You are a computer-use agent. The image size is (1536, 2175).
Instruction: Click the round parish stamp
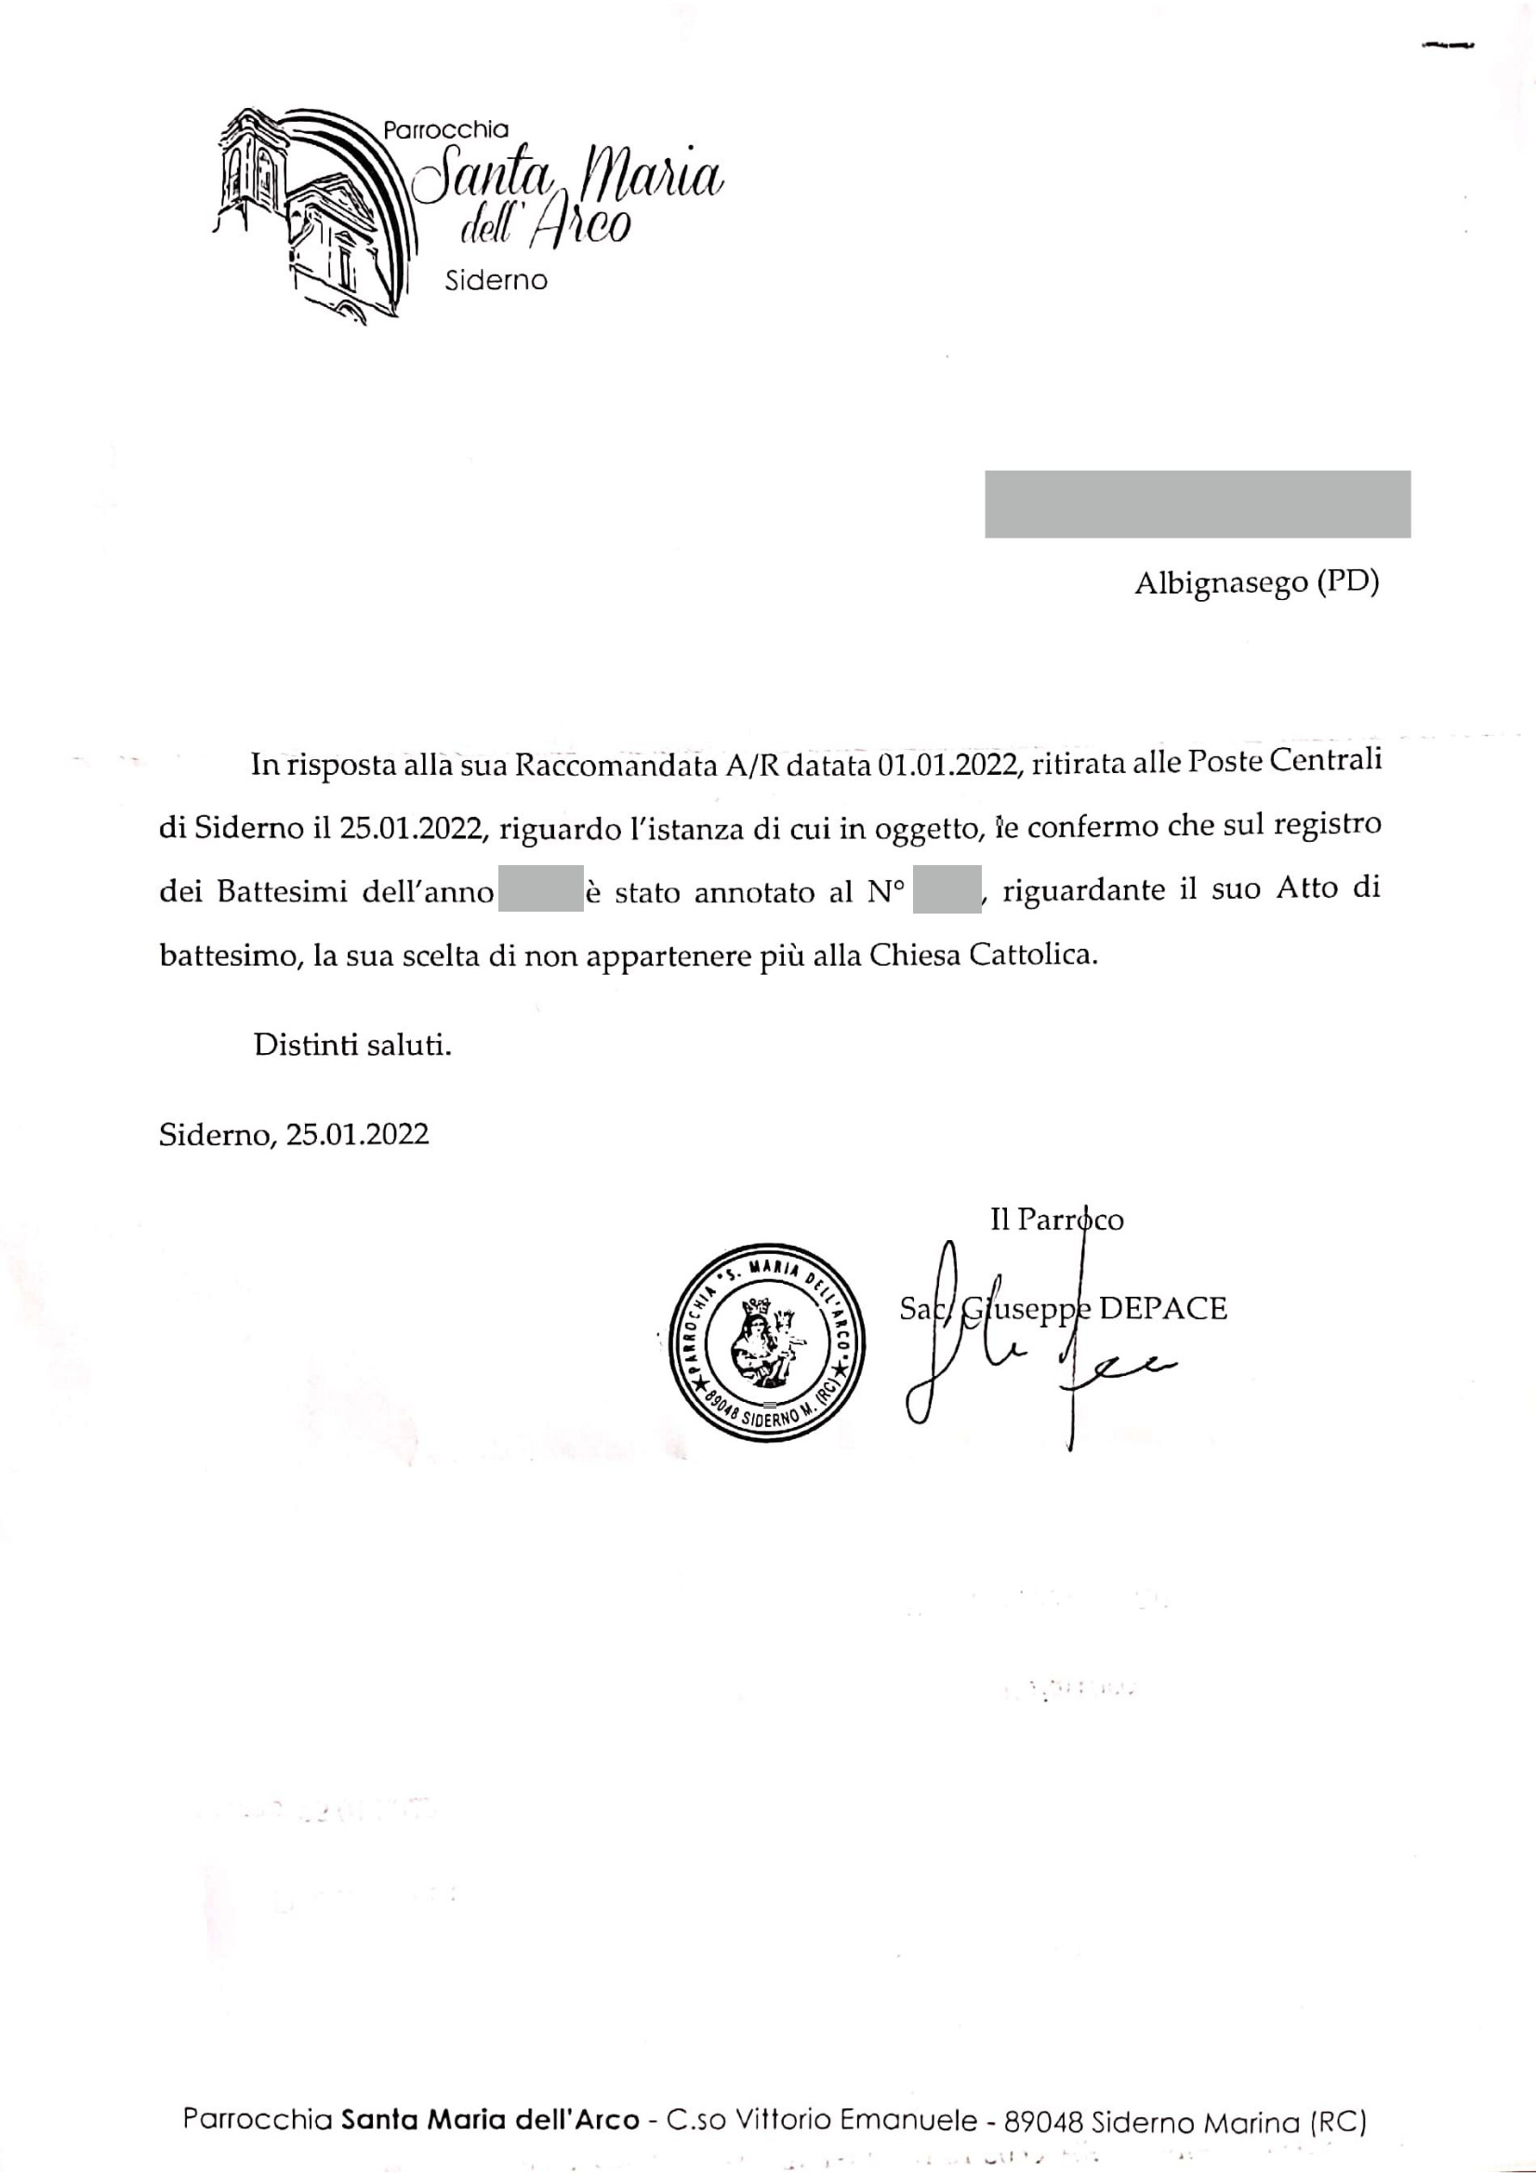click(x=766, y=1342)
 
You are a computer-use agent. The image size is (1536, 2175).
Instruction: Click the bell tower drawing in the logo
click(x=249, y=170)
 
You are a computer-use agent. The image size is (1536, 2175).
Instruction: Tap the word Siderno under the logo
click(x=497, y=280)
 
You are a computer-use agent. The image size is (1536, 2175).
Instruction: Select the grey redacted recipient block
click(x=1197, y=504)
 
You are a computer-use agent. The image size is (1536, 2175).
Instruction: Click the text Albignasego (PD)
click(x=1257, y=582)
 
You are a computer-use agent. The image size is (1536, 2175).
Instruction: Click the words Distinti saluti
click(x=352, y=1045)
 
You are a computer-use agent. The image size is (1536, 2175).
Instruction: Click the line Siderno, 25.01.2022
click(x=294, y=1134)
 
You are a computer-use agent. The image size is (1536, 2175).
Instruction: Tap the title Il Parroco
click(x=1057, y=1220)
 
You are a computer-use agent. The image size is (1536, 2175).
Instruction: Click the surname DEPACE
click(x=1163, y=1308)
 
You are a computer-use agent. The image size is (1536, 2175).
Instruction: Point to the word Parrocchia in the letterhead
click(x=446, y=130)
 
